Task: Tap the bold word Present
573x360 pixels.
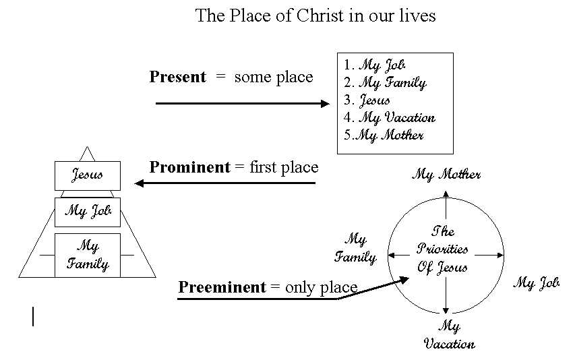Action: point(177,77)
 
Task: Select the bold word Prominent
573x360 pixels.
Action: point(189,167)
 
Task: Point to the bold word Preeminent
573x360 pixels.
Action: point(222,287)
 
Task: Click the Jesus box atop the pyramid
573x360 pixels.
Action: point(88,175)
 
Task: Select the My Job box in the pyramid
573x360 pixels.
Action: point(88,212)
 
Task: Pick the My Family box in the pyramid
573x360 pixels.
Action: point(88,255)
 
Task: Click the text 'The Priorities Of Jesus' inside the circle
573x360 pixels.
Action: point(443,249)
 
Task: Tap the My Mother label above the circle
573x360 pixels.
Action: point(446,175)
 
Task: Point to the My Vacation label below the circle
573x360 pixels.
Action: point(449,335)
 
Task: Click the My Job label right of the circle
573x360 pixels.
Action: point(537,283)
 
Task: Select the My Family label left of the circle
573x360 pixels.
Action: point(355,247)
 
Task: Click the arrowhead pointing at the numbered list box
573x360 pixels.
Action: point(325,103)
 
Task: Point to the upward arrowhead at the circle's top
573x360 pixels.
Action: point(446,195)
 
